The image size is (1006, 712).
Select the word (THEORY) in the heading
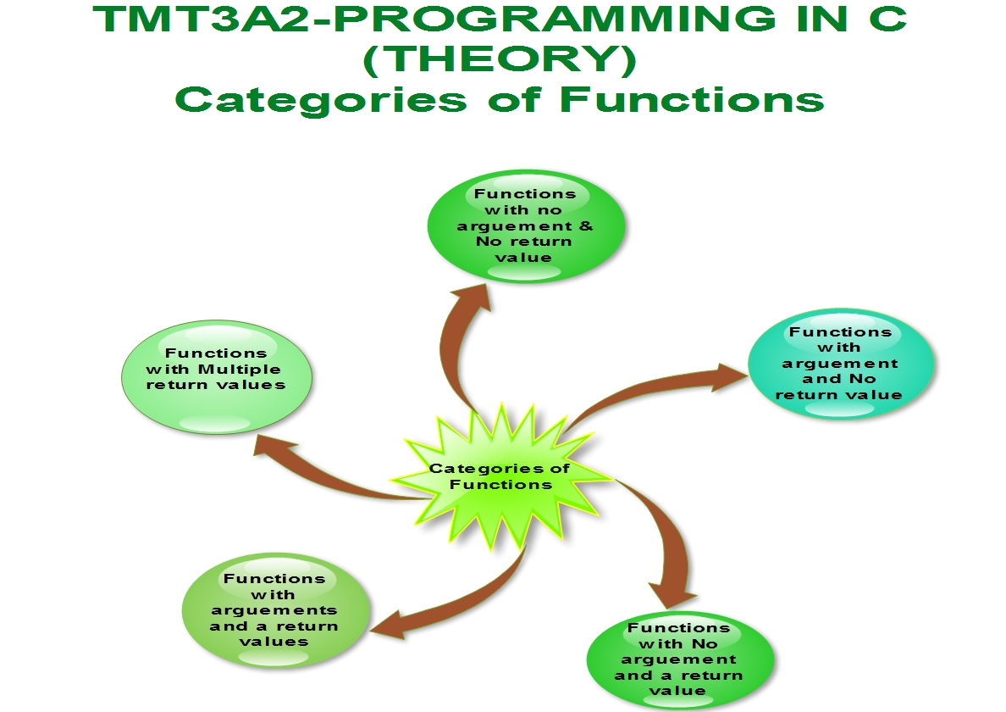click(500, 59)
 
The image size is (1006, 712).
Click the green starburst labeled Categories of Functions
click(500, 476)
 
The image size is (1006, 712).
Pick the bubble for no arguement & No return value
click(526, 225)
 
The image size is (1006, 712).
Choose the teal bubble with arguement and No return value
click(841, 364)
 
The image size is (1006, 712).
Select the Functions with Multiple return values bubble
click(216, 377)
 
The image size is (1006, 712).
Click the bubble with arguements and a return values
click(276, 610)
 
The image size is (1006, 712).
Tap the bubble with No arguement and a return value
click(680, 661)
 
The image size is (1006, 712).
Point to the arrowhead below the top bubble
click(473, 298)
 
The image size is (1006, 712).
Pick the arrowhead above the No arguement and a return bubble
click(672, 595)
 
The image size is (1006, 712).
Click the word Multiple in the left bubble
click(240, 370)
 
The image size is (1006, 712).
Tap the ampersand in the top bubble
click(585, 226)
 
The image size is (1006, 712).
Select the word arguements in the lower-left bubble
click(274, 610)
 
